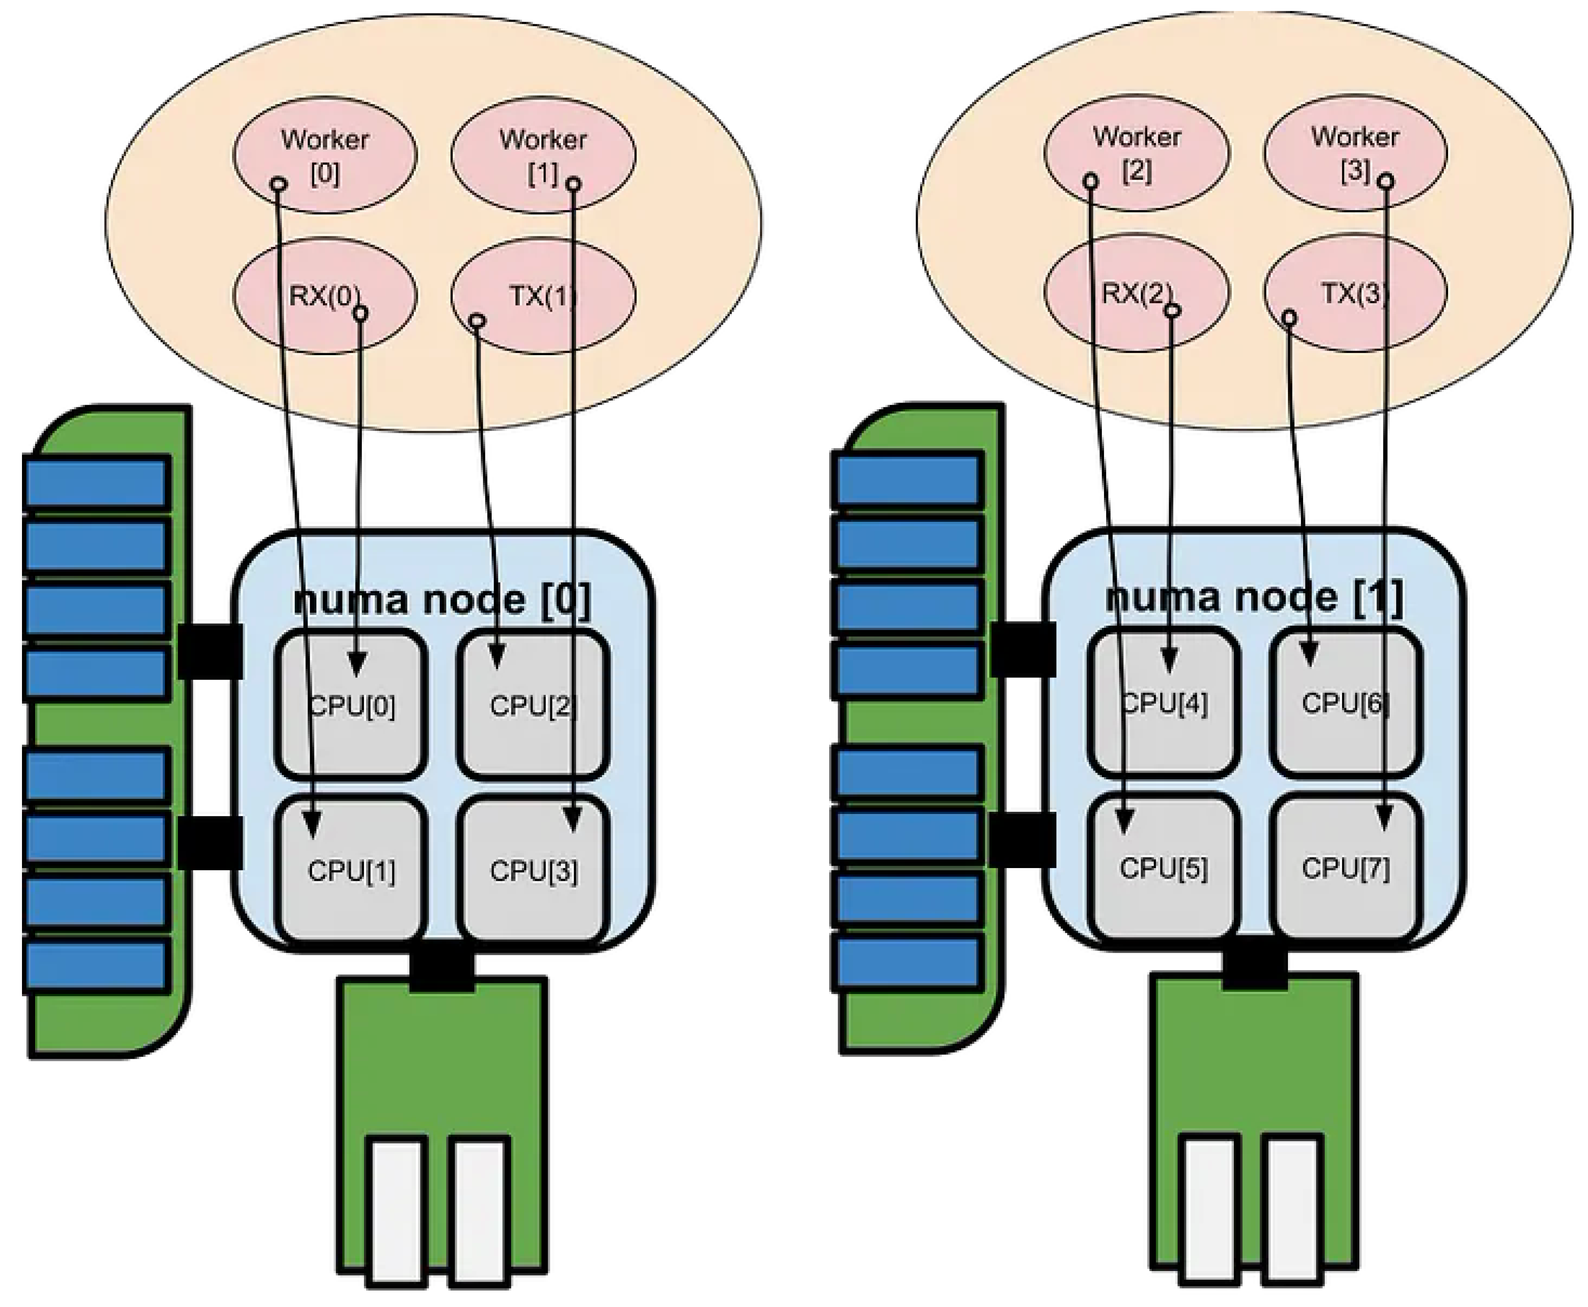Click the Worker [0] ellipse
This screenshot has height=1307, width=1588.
(x=324, y=155)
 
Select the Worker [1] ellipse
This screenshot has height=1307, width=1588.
(x=543, y=155)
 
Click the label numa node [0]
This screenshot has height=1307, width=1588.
(x=443, y=599)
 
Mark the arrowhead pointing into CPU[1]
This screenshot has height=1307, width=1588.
(x=313, y=825)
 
